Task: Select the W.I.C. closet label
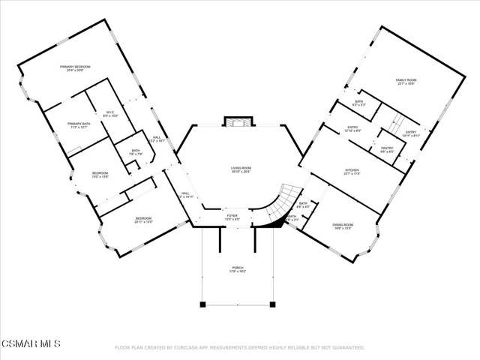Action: click(109, 114)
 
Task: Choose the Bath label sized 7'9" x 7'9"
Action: click(136, 152)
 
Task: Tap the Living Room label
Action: click(240, 169)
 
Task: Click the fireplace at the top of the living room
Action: click(240, 123)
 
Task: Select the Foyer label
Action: click(232, 218)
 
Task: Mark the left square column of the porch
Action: click(202, 304)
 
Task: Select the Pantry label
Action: click(386, 151)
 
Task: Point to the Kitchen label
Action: click(352, 172)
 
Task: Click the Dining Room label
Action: click(343, 226)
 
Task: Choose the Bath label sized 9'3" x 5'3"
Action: click(358, 103)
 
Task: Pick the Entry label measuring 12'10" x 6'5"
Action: click(352, 129)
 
